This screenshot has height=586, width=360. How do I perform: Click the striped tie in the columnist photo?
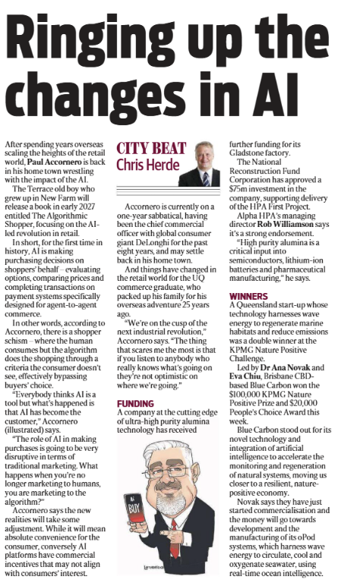click(x=206, y=178)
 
